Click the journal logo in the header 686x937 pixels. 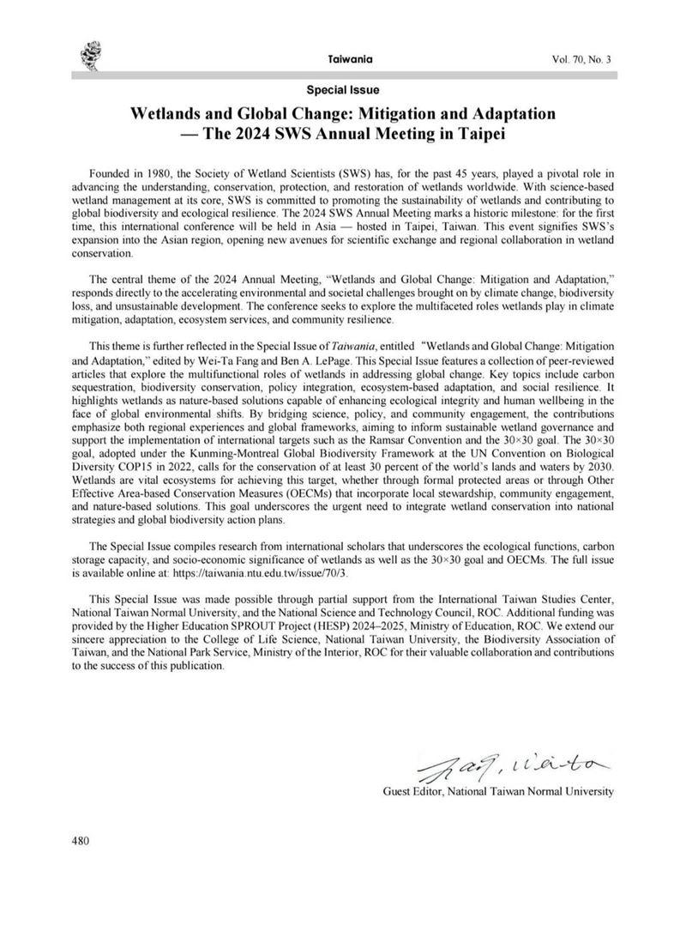point(89,57)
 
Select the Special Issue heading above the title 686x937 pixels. point(342,89)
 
